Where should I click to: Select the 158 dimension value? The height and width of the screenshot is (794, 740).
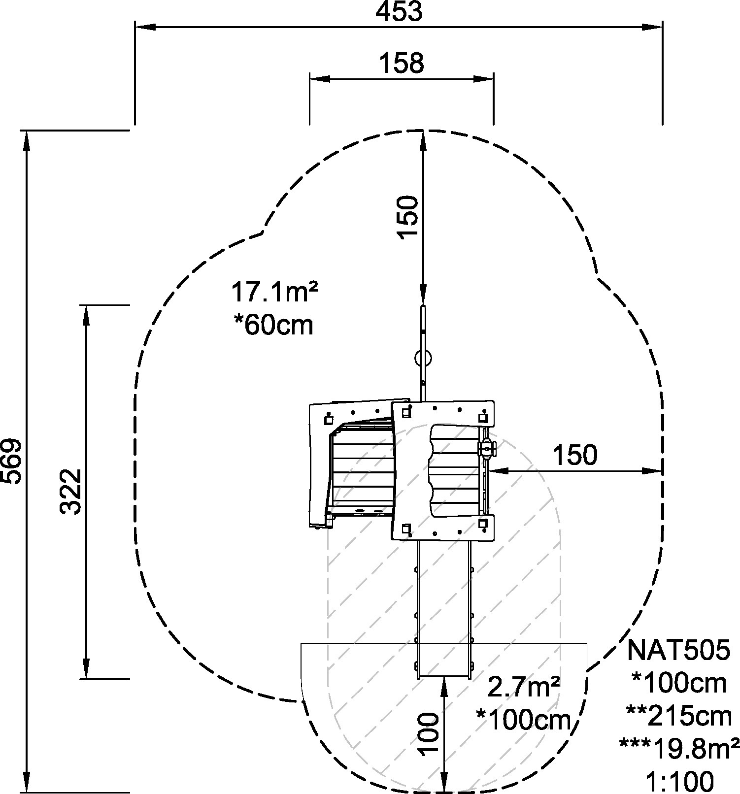click(x=402, y=63)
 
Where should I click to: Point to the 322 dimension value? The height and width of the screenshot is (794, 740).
click(x=70, y=491)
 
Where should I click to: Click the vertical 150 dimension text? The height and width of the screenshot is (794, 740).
click(x=408, y=217)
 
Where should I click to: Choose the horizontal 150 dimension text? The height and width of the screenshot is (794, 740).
click(x=575, y=455)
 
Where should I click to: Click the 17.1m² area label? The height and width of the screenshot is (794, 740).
click(x=274, y=292)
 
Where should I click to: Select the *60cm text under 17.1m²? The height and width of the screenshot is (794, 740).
click(x=273, y=325)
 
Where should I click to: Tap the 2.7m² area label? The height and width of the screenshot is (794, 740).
click(x=523, y=687)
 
